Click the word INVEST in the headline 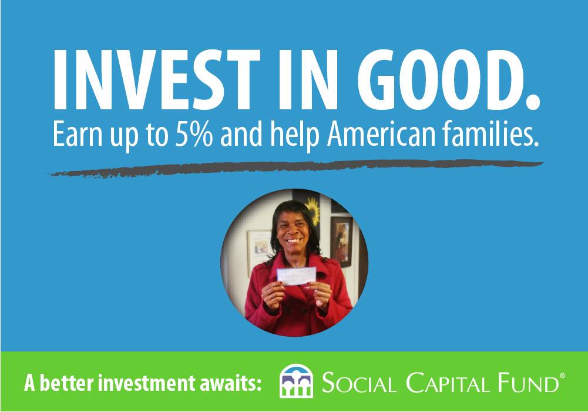156,79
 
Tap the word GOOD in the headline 449,79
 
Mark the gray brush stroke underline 296,168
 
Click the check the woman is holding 296,276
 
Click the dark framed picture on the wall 341,242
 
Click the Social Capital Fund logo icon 296,381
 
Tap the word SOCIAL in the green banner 359,383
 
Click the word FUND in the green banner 528,383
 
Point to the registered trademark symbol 562,376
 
